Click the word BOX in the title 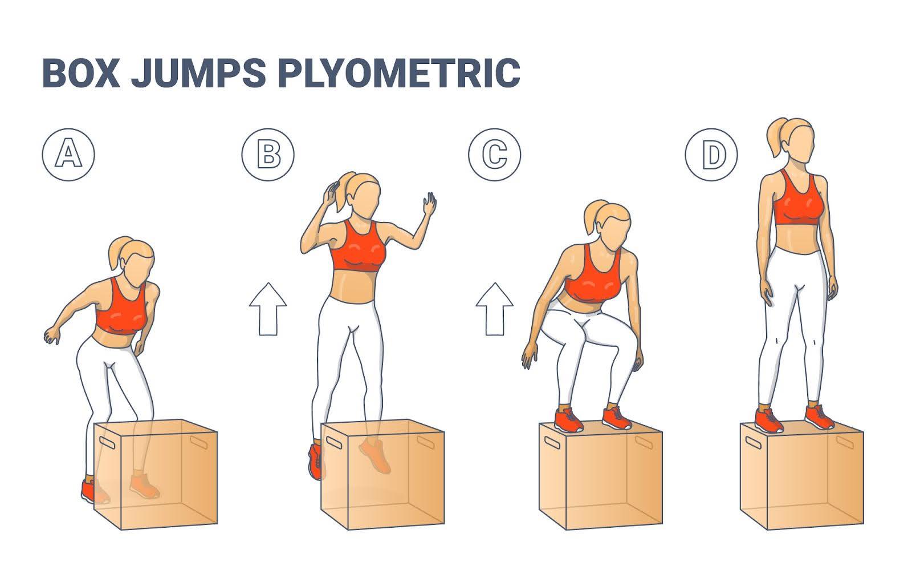click(x=80, y=72)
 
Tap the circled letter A click(x=68, y=155)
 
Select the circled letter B click(x=268, y=155)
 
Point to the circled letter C click(x=495, y=155)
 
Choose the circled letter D click(x=711, y=155)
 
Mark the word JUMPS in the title click(x=198, y=72)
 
